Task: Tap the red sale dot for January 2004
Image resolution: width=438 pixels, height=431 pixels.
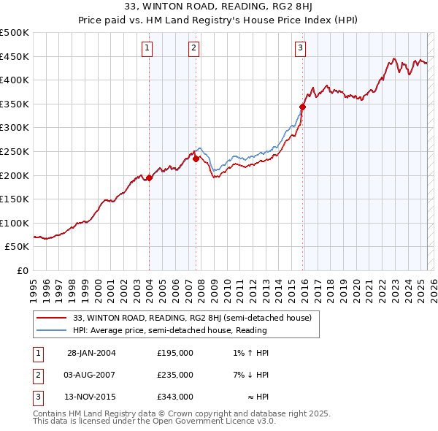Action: pyautogui.click(x=149, y=178)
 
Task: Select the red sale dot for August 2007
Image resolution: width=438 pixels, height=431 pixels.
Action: pyautogui.click(x=196, y=159)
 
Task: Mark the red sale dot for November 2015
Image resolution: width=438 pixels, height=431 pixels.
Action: pyautogui.click(x=302, y=107)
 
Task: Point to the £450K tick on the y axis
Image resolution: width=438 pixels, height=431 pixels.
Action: pyautogui.click(x=15, y=56)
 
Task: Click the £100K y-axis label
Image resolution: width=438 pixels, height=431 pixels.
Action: pyautogui.click(x=15, y=223)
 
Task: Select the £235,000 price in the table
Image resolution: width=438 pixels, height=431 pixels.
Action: pyautogui.click(x=175, y=375)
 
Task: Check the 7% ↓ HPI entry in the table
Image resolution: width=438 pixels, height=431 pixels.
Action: pyautogui.click(x=250, y=375)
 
